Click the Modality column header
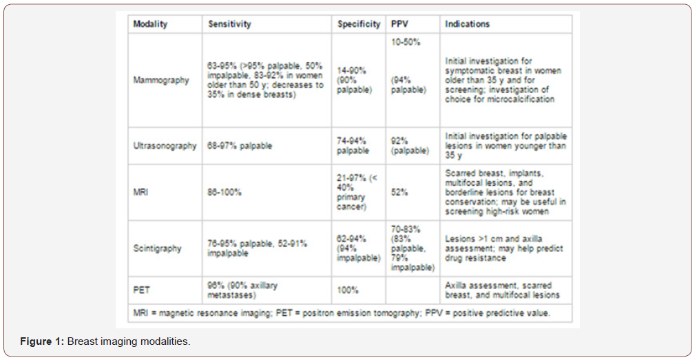point(150,24)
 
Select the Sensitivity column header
point(229,24)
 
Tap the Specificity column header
point(358,24)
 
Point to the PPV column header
point(399,24)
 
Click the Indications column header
point(468,24)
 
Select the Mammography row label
point(161,80)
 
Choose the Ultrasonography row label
point(165,146)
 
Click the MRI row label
point(141,192)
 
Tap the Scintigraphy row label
point(157,248)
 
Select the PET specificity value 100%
point(349,290)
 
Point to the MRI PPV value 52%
point(399,192)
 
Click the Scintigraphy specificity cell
point(358,248)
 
